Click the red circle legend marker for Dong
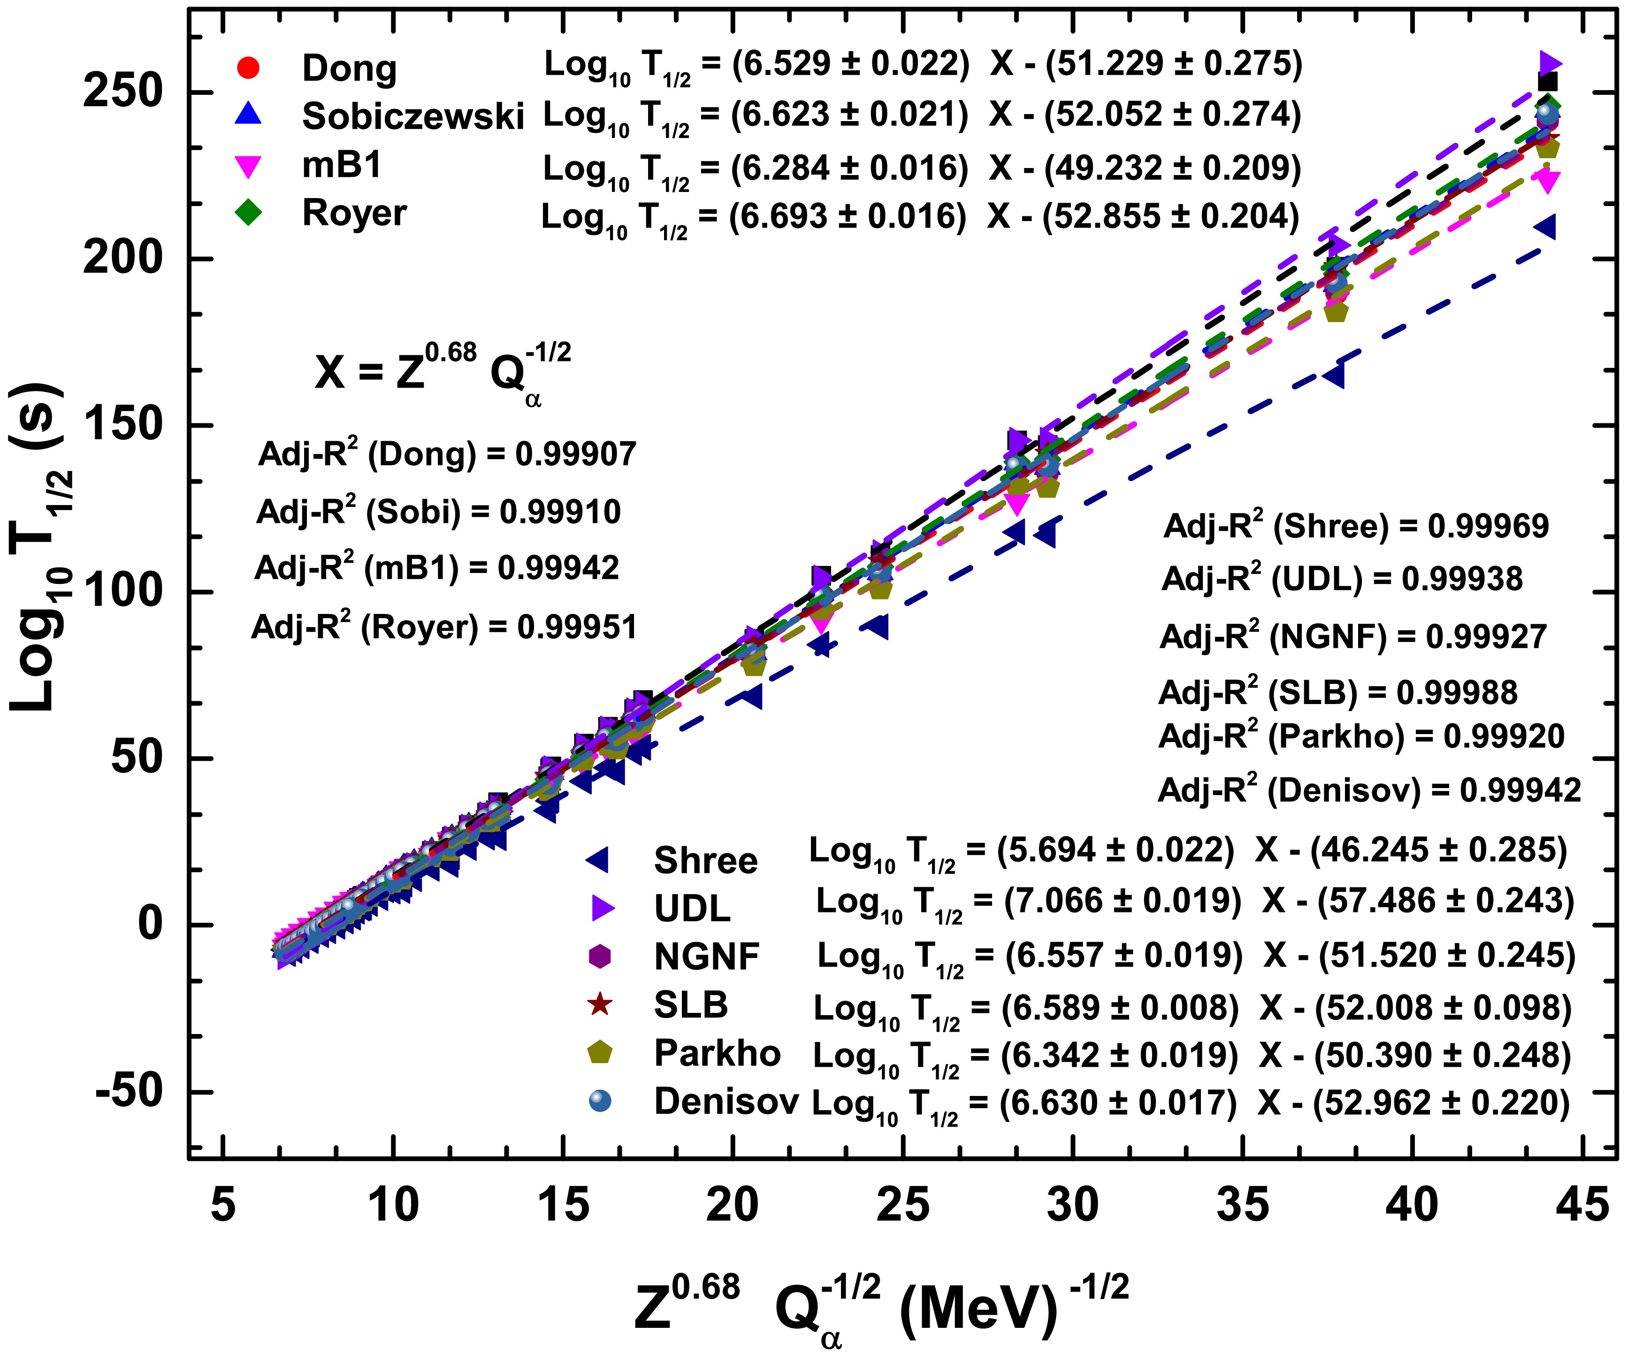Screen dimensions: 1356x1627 pyautogui.click(x=247, y=68)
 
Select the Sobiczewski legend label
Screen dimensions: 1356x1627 pyautogui.click(x=412, y=116)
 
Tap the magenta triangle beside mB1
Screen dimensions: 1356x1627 pyautogui.click(x=248, y=167)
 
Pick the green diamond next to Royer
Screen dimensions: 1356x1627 pyautogui.click(x=248, y=213)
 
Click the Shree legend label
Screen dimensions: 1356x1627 pyautogui.click(x=705, y=861)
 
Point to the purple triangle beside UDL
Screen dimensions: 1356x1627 pyautogui.click(x=602, y=908)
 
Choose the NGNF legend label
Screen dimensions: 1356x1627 pyautogui.click(x=706, y=957)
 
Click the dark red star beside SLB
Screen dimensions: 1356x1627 pyautogui.click(x=600, y=1005)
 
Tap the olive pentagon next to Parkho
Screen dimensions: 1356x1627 pyautogui.click(x=600, y=1053)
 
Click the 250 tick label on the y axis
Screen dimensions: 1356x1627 pyautogui.click(x=122, y=92)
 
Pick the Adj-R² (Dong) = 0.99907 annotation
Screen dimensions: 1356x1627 pyautogui.click(x=447, y=454)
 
